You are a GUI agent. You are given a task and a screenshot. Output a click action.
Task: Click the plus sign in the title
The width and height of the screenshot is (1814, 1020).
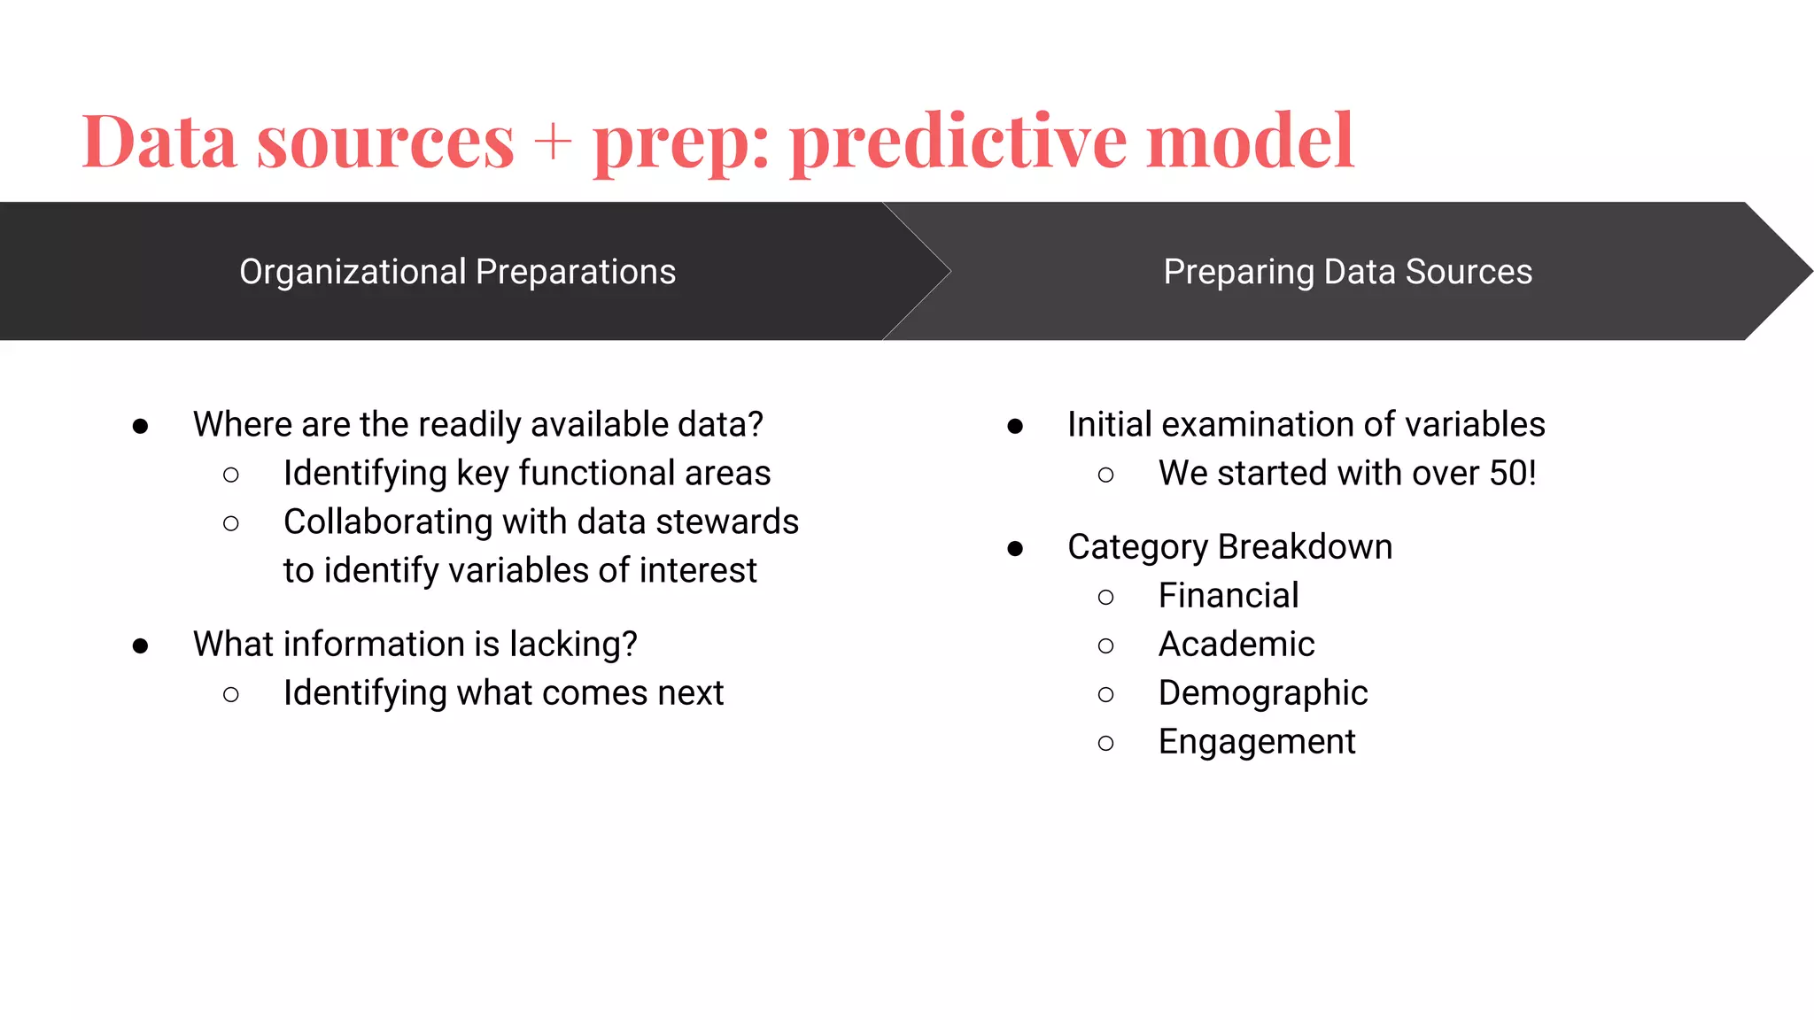tap(553, 143)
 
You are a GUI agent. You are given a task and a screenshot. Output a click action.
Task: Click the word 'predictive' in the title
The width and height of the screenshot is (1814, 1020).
tap(958, 143)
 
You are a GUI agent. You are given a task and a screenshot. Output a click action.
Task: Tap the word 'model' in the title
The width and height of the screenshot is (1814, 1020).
tap(1250, 141)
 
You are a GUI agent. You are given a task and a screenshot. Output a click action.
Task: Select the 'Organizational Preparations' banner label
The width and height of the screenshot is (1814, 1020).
tap(457, 272)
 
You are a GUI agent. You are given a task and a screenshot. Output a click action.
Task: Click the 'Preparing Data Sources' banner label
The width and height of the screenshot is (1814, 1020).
tap(1347, 272)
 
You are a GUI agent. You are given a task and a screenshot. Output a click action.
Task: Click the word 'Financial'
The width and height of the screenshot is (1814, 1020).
tap(1229, 596)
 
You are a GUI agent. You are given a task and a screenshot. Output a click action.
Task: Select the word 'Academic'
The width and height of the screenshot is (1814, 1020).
tap(1236, 645)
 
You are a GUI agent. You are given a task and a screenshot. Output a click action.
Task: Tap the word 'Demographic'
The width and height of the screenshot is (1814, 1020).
tap(1263, 693)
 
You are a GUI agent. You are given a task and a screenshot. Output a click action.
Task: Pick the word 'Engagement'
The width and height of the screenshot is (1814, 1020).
tap(1257, 742)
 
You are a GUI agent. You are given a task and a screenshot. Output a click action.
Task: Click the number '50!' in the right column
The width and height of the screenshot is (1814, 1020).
tap(1513, 474)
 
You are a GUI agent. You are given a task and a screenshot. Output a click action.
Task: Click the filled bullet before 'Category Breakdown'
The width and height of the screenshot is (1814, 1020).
tap(1015, 549)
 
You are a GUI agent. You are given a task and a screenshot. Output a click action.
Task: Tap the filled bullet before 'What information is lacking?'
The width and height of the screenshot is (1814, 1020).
tap(140, 646)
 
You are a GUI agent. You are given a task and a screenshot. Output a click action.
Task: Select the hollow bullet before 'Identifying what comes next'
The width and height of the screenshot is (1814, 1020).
tap(231, 695)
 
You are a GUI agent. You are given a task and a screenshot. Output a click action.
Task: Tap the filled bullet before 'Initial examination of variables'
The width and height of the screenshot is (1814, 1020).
tap(1015, 427)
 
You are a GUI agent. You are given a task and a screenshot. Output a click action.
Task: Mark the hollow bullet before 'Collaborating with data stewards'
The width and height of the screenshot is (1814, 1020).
tap(231, 524)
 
